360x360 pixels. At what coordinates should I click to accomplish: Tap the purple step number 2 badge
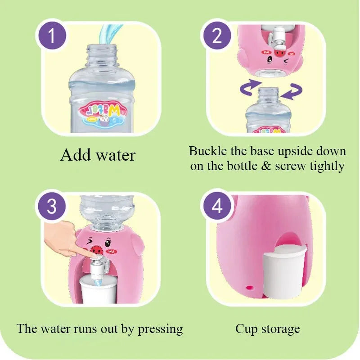click(217, 36)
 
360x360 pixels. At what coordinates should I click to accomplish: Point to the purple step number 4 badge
click(217, 207)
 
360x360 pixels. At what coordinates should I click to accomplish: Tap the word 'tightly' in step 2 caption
click(327, 166)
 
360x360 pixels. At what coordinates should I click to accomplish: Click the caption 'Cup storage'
click(267, 328)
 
